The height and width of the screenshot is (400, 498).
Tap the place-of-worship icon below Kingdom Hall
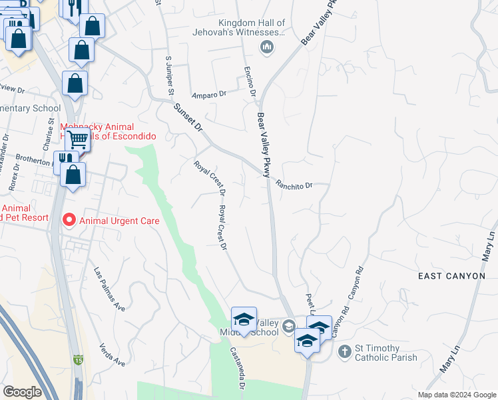coord(267,47)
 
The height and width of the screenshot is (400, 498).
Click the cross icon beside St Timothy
coord(344,351)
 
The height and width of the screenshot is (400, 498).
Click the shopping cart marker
coord(77,140)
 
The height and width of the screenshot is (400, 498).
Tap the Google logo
coord(23,391)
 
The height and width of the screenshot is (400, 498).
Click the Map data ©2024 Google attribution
coord(456,395)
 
